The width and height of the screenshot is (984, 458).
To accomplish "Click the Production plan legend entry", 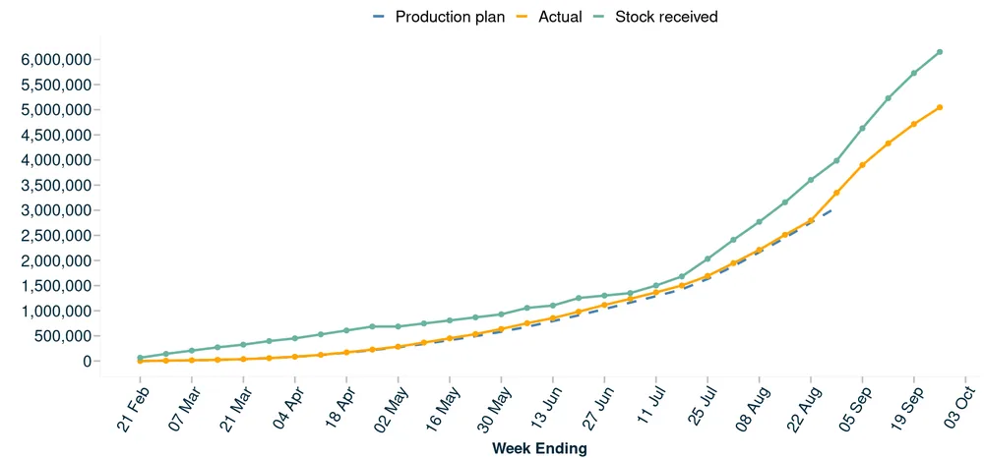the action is tap(439, 17).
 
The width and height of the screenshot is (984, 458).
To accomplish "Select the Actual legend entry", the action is tap(549, 17).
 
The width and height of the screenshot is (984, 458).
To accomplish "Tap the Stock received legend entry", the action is tap(655, 17).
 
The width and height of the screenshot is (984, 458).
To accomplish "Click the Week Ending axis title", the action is tap(539, 448).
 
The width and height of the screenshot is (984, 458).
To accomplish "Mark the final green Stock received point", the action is tap(940, 52).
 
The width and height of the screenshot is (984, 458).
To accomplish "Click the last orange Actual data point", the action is tap(940, 107).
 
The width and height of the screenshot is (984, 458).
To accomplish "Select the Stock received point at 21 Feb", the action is tap(140, 358).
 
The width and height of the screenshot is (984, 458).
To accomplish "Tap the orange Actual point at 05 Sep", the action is tap(862, 165).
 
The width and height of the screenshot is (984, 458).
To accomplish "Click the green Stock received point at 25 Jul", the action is tap(707, 258).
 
